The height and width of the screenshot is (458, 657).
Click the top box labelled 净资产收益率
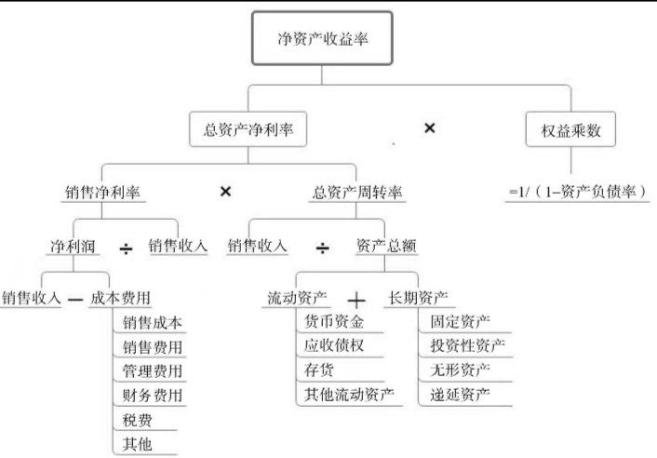(317, 40)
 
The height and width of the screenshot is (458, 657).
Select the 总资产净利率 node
(248, 130)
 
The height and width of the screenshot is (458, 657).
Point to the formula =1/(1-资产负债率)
(577, 193)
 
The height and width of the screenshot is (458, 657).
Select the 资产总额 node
(385, 247)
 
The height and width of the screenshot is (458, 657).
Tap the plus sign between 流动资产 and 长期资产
(358, 300)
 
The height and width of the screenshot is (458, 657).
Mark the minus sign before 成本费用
(75, 300)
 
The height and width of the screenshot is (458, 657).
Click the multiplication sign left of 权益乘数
(430, 128)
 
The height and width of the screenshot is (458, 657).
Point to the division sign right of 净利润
(127, 248)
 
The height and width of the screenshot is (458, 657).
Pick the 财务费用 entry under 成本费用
(152, 395)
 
